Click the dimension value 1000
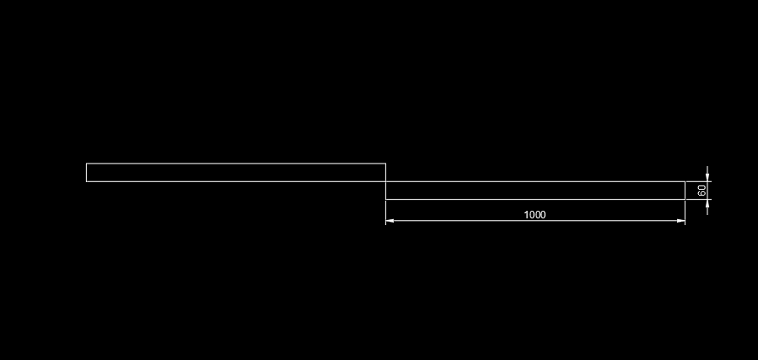click(535, 214)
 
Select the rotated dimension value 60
click(702, 191)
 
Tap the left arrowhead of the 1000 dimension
click(390, 221)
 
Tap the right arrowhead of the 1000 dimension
click(681, 221)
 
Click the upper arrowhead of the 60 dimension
click(707, 177)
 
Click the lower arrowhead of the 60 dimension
click(707, 203)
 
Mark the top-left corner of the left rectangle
click(87, 164)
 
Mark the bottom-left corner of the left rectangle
click(87, 182)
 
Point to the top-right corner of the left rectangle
click(386, 164)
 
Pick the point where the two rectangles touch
click(386, 182)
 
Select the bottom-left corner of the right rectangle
click(386, 199)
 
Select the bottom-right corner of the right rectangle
click(685, 199)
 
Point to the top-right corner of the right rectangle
click(685, 182)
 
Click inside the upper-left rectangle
click(236, 173)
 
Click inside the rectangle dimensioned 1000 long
click(535, 191)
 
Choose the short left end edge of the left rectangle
click(87, 173)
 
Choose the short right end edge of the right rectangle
click(685, 191)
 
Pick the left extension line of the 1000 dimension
click(386, 212)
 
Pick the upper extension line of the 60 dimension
click(699, 182)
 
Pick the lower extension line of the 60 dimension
click(699, 199)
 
